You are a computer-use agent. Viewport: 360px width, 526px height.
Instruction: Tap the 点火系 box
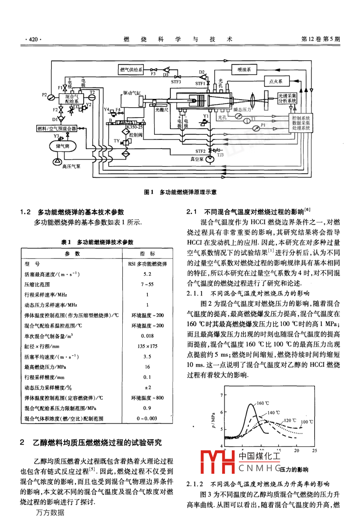pyautogui.click(x=276, y=81)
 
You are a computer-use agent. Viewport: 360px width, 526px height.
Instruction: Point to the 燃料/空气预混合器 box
pyautogui.click(x=57, y=129)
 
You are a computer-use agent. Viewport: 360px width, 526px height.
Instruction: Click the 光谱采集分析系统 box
pyautogui.click(x=287, y=98)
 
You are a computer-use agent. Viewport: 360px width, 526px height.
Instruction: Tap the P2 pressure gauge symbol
pyautogui.click(x=51, y=96)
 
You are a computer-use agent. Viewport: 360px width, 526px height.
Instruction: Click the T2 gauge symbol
pyautogui.click(x=92, y=97)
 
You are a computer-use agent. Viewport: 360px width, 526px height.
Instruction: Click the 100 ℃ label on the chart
pyautogui.click(x=307, y=422)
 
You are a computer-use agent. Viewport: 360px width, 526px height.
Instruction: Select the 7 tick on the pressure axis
pyautogui.click(x=221, y=395)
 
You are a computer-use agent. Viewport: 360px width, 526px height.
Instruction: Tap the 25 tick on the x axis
pyautogui.click(x=314, y=451)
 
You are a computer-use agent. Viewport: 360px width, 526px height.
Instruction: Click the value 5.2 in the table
pyautogui.click(x=147, y=274)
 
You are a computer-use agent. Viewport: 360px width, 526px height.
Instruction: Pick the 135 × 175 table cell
pyautogui.click(x=147, y=346)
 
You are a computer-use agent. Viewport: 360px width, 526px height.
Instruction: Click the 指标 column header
pyautogui.click(x=147, y=253)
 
